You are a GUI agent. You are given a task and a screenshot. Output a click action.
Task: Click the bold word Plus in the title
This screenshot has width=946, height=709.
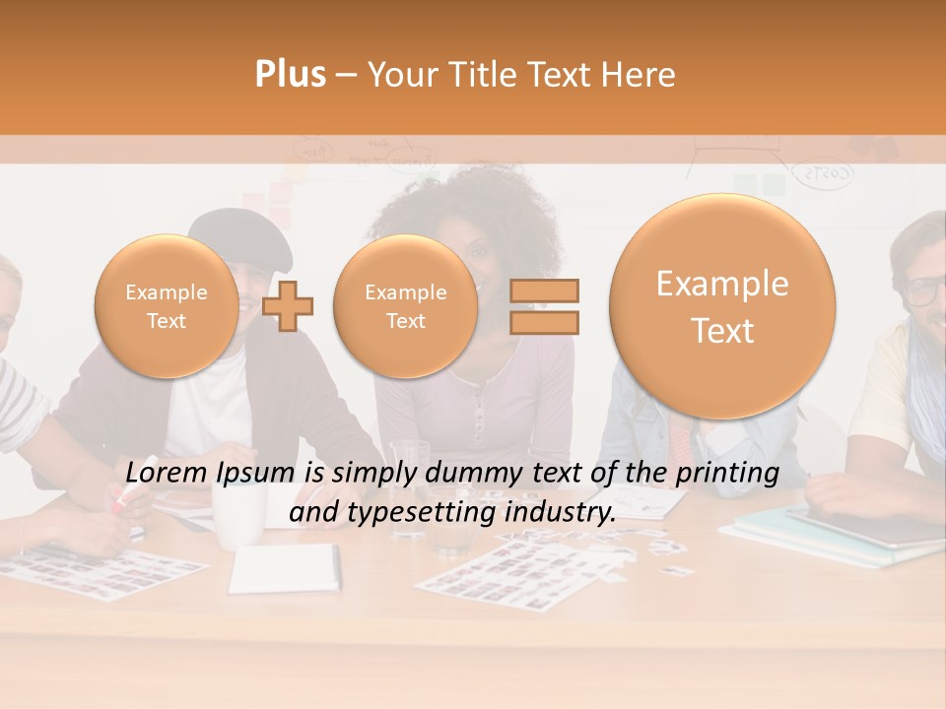point(290,75)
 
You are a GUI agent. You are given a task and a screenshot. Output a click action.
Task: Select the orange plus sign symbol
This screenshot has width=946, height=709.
point(289,305)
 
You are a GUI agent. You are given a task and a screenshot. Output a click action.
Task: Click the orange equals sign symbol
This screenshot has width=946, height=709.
point(544,306)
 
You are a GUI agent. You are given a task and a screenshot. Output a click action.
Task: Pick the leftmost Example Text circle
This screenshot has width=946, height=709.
point(167,306)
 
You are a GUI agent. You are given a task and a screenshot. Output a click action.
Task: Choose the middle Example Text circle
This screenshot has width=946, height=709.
point(405,306)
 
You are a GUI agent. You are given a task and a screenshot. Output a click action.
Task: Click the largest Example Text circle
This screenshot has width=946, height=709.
point(722,306)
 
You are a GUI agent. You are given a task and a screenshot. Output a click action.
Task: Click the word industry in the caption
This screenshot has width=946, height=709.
point(558,513)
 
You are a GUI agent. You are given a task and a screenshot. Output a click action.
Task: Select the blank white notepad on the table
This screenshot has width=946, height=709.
point(285,569)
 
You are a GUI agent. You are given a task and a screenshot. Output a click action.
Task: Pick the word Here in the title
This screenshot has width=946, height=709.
point(641,75)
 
